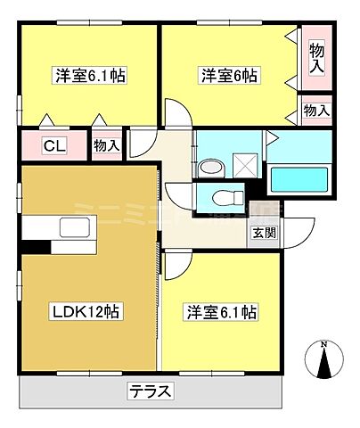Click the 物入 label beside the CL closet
(x=106, y=144)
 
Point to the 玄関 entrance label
(x=263, y=234)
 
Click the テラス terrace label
(x=149, y=391)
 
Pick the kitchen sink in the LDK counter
(x=78, y=228)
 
